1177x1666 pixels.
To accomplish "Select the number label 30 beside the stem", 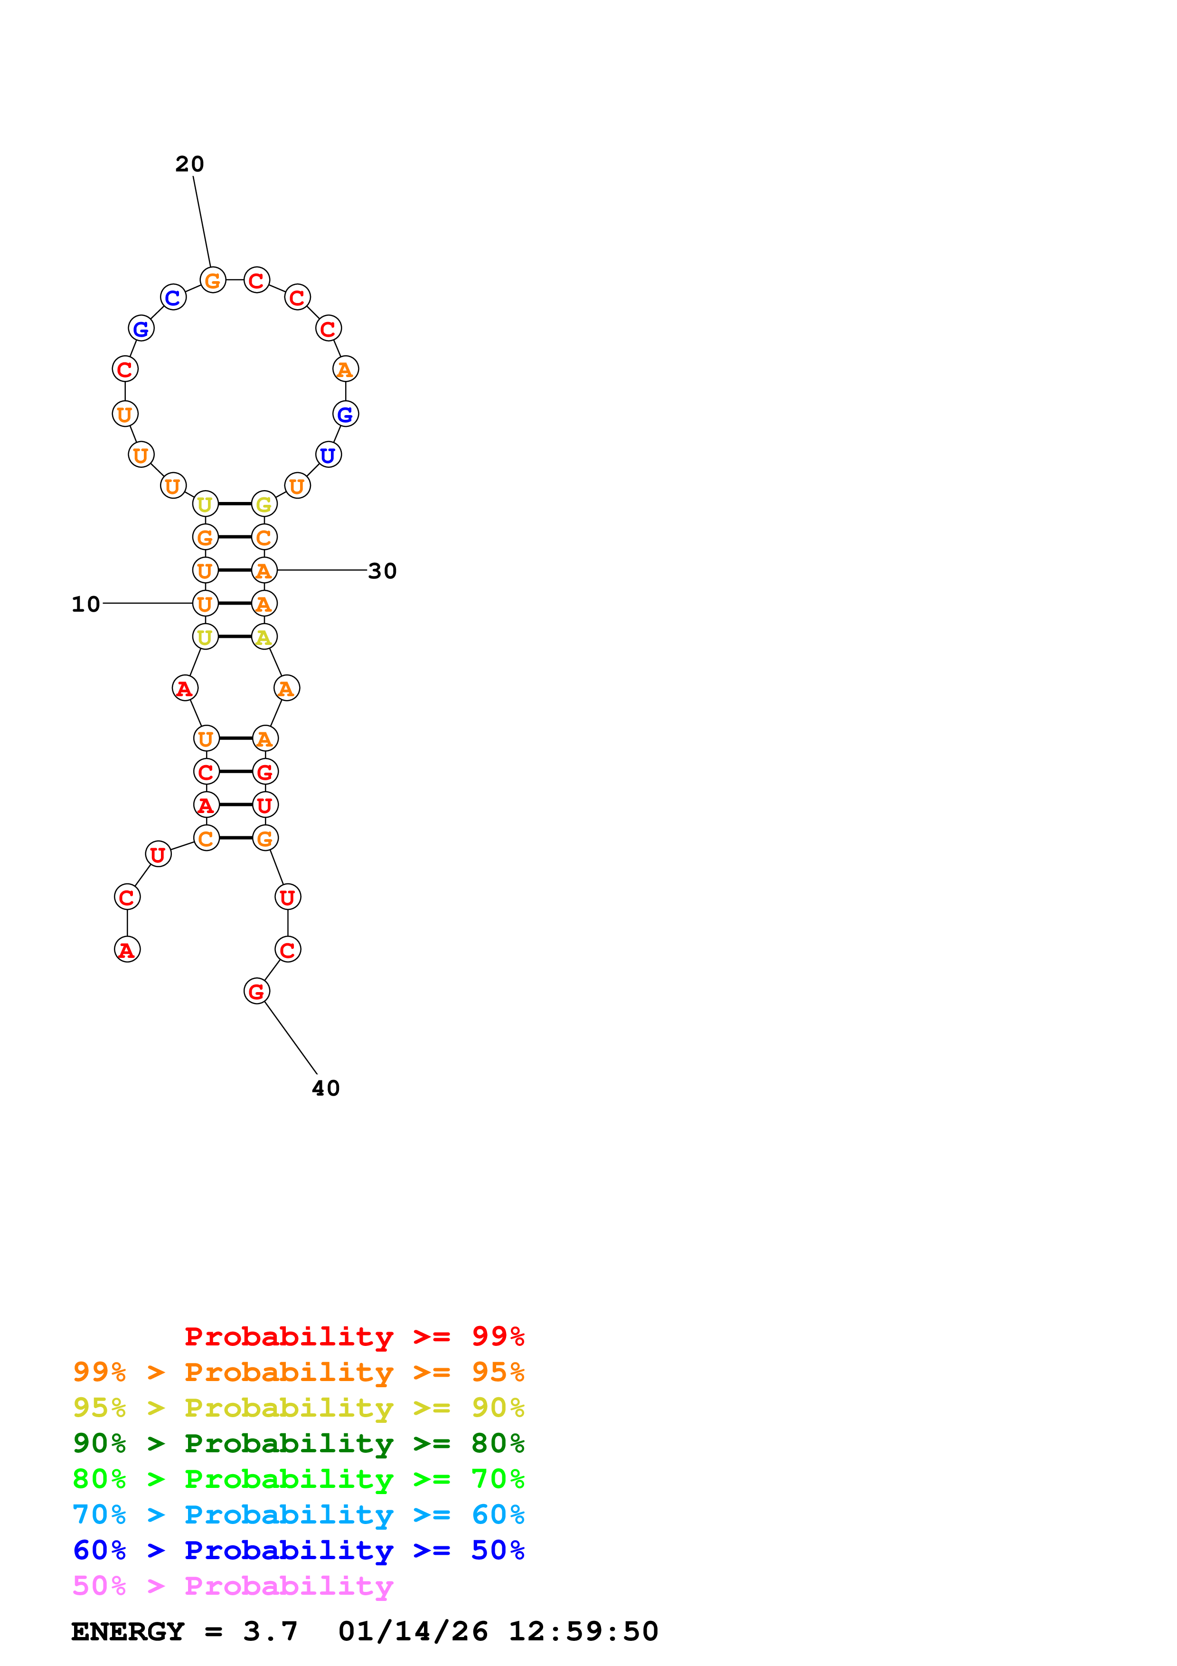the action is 382,571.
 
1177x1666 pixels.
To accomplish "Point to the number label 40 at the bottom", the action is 326,1089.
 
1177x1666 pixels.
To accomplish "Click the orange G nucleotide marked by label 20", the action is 213,280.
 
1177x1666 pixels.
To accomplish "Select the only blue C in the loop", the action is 173,297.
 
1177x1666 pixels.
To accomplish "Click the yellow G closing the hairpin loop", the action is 264,503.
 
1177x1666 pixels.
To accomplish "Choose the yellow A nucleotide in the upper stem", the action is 264,637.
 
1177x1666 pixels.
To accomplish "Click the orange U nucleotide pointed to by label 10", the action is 205,604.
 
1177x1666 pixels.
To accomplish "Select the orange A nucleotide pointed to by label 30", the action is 264,570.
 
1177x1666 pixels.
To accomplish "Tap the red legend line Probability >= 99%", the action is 354,1336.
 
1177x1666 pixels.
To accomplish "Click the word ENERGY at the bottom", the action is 128,1632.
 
